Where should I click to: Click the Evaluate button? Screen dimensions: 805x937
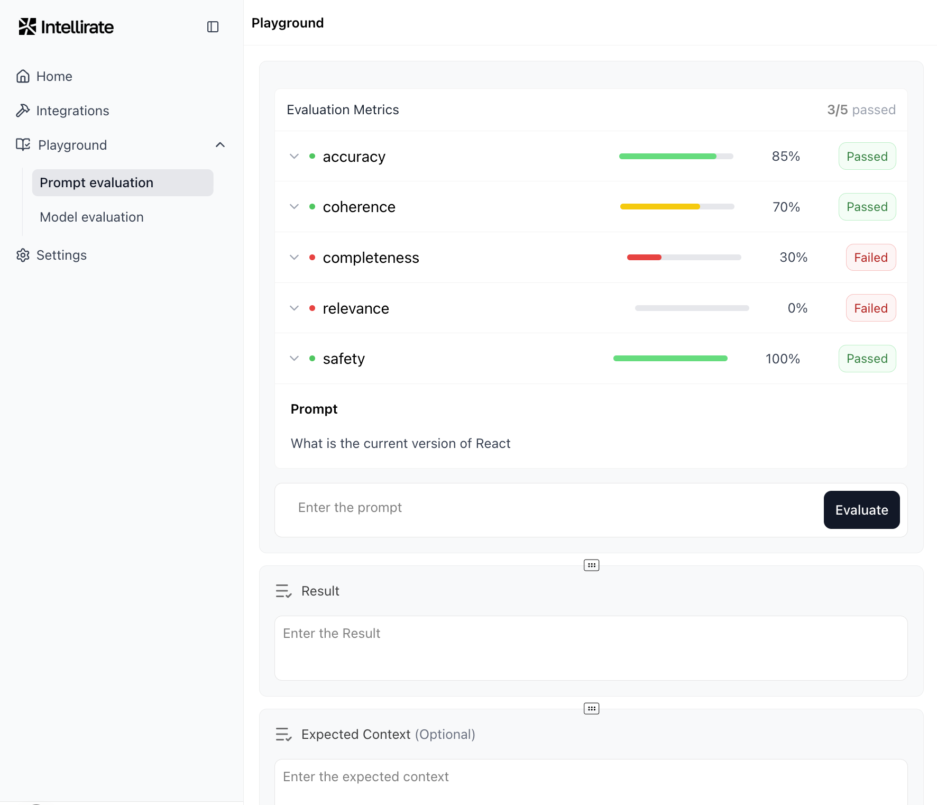[861, 510]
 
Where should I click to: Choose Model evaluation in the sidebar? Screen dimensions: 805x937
[91, 217]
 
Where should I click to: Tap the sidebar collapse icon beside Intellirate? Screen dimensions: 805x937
[213, 27]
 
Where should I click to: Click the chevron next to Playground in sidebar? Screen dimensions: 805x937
[221, 145]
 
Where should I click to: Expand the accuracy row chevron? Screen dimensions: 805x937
[295, 157]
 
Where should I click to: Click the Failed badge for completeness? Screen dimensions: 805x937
[870, 258]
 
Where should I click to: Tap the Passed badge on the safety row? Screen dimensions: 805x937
[867, 359]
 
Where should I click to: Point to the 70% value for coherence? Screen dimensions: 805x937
[786, 207]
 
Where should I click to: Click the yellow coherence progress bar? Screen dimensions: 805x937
[660, 207]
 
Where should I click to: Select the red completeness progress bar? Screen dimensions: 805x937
[644, 258]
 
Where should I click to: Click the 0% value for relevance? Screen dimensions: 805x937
[797, 308]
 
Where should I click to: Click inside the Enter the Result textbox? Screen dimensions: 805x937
[591, 648]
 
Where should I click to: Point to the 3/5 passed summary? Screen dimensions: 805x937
[861, 110]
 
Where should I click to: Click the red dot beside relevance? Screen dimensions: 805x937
[313, 308]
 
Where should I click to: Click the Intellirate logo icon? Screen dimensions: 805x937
[27, 26]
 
